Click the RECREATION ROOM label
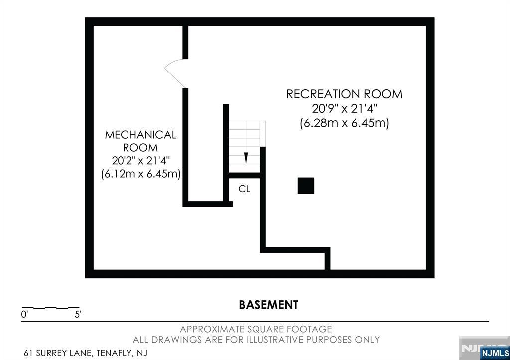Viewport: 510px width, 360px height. tap(345, 94)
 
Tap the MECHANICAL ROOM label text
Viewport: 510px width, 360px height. tap(140, 141)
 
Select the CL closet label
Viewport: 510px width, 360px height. tap(244, 189)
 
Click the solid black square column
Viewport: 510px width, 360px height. tap(306, 186)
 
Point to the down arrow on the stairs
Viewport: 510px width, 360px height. tap(246, 158)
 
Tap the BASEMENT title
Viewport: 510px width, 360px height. tap(268, 305)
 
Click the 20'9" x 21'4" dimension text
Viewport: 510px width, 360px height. tap(345, 108)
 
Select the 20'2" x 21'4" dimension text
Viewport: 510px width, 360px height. tap(140, 161)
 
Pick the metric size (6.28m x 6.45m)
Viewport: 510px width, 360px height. tap(345, 123)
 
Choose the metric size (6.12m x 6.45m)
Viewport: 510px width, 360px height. tap(140, 174)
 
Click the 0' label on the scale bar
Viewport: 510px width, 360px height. tap(24, 315)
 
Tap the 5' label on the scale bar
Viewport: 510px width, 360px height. tap(78, 315)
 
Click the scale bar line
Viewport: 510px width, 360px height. tap(50, 307)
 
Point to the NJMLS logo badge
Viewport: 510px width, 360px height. tap(495, 353)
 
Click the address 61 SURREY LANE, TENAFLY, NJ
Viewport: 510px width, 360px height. tap(86, 353)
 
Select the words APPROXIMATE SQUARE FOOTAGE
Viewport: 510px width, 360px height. tap(256, 329)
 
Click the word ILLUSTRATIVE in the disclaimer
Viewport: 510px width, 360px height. tap(274, 340)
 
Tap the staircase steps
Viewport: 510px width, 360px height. tap(247, 147)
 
